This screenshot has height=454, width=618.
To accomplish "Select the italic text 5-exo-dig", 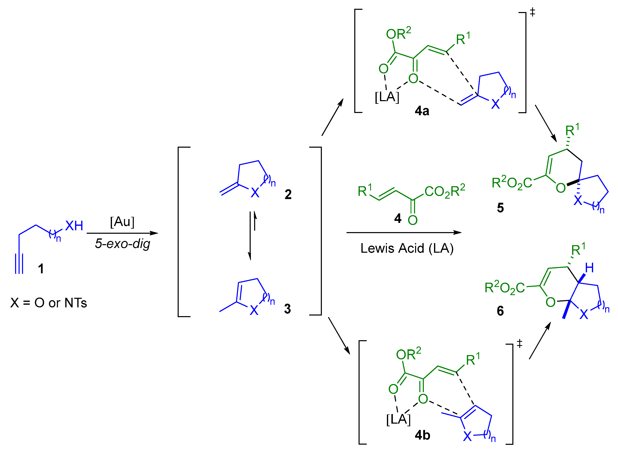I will coord(123,244).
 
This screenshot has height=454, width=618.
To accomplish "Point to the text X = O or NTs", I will coord(49,303).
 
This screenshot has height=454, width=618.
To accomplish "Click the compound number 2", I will coord(288,195).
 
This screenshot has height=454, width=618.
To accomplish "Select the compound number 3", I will coord(287,309).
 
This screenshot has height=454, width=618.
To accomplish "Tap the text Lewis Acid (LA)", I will coord(407,248).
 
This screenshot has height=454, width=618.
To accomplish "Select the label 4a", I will coord(422,111).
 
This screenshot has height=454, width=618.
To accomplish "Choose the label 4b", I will coord(422,435).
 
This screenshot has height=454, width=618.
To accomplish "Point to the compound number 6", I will coord(500,311).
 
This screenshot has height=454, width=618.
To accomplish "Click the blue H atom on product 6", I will coord(589,268).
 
